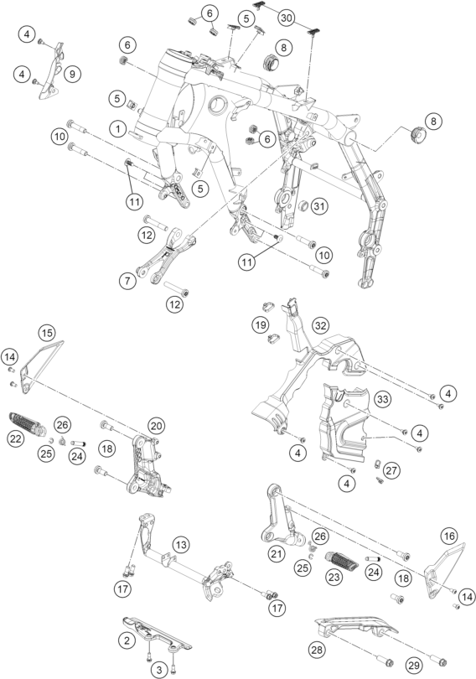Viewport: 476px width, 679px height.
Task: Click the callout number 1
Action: point(117,128)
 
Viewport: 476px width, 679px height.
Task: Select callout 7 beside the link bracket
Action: point(127,281)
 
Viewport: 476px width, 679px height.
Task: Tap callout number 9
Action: point(72,74)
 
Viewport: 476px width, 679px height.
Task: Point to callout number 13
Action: point(181,544)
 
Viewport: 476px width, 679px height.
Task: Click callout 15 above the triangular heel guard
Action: point(47,333)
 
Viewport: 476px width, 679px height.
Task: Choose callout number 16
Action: point(448,536)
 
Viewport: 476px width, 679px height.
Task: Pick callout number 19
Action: point(261,325)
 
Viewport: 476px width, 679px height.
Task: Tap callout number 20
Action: point(156,426)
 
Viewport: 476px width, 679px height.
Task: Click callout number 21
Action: point(277,553)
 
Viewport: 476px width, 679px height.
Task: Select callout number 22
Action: point(16,438)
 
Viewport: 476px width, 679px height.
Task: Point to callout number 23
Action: point(334,577)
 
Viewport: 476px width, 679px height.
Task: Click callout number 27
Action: point(391,470)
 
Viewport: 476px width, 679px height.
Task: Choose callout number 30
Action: point(287,18)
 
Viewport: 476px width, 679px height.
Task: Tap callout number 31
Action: point(319,206)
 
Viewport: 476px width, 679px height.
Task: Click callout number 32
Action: point(320,325)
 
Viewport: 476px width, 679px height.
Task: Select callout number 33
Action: point(382,399)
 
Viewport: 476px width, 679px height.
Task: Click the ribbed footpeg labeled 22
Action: point(27,423)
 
